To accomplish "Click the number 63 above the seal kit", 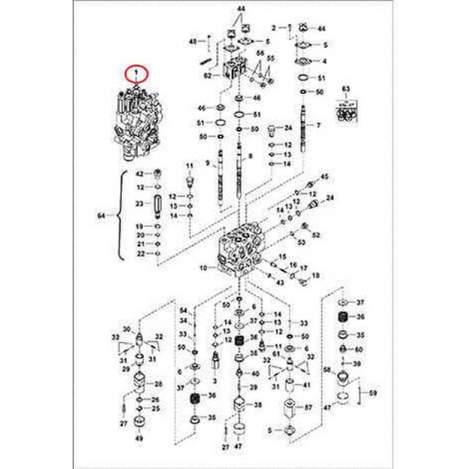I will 345,89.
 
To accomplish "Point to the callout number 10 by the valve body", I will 203,269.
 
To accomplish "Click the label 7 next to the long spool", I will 318,125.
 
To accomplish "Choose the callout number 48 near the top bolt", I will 192,40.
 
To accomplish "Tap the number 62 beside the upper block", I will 208,76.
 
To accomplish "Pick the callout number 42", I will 140,174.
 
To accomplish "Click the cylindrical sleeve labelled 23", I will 157,207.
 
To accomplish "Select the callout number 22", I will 140,253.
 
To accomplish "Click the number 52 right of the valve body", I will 316,235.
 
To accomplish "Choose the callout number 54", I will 183,310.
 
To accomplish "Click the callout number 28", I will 158,384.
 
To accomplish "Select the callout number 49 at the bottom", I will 139,439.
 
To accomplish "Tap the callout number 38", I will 258,405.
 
